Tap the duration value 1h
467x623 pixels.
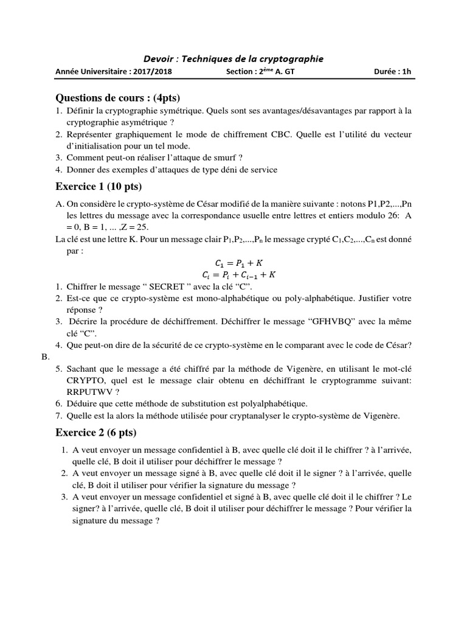click(x=406, y=72)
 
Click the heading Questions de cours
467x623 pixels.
click(x=118, y=98)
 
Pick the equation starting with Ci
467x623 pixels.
click(x=235, y=274)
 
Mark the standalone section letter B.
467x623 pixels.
click(x=46, y=357)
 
